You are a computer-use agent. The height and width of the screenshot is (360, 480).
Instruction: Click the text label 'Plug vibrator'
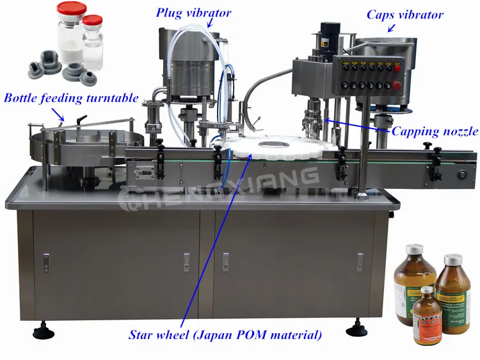194,12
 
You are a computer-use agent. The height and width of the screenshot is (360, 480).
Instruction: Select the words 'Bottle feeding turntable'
71,98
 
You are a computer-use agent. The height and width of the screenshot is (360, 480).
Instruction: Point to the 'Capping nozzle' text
435,132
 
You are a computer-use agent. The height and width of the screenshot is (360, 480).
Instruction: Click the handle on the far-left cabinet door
46,261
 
